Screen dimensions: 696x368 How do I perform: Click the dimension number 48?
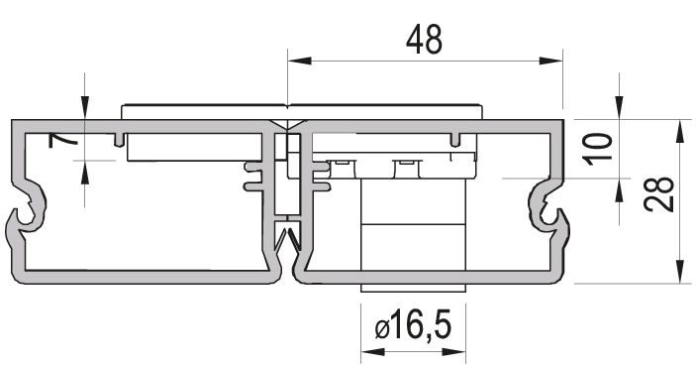424,40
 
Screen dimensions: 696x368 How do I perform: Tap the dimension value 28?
658,193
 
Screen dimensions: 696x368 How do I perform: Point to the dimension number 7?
62,141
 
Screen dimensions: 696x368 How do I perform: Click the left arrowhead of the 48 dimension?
299,61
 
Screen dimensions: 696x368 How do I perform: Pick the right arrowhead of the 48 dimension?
551,61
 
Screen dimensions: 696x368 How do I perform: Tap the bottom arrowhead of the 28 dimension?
679,272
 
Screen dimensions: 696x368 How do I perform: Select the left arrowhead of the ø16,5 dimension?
373,351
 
